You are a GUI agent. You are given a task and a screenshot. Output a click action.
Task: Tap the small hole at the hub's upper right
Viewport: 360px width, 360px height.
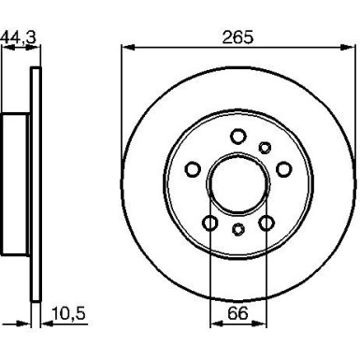(265, 146)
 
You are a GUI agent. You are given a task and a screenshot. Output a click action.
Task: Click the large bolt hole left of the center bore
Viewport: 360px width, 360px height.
(194, 169)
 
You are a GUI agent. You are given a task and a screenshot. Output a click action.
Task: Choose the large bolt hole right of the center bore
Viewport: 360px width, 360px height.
(281, 169)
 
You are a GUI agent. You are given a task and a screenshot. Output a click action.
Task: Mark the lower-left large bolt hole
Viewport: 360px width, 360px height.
(210, 223)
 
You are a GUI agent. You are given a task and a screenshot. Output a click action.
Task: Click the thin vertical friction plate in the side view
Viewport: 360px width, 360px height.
(36, 183)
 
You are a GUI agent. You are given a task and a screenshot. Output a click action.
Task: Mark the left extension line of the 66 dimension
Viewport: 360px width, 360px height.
(210, 271)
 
